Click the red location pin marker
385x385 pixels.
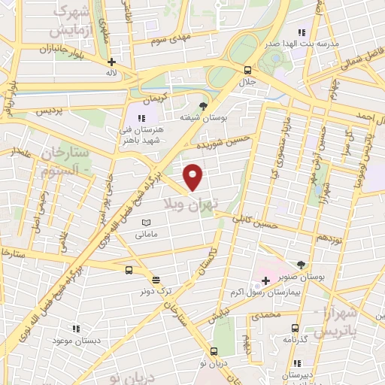coord(194,177)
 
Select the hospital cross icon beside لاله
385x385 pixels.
coord(112,62)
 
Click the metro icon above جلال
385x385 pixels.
coord(248,69)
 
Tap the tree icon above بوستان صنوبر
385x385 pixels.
coord(301,265)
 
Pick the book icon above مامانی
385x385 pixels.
coord(147,223)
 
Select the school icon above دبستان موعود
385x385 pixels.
coord(75,329)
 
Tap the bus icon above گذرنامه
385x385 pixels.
coord(295,328)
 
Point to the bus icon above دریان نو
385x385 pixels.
coord(214,351)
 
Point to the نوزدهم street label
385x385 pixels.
coord(329,238)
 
